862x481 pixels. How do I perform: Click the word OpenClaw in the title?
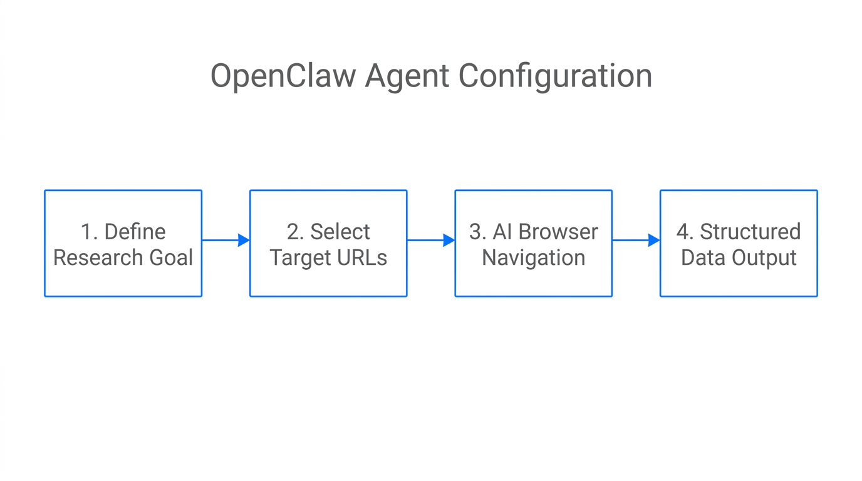[x=283, y=76]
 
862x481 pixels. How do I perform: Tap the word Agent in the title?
[x=407, y=76]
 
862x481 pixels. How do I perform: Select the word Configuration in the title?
[x=555, y=76]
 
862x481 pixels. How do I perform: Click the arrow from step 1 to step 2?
[x=226, y=240]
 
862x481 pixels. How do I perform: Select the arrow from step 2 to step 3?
[x=431, y=240]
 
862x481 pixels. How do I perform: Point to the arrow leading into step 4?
[x=636, y=240]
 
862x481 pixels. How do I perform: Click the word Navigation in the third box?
[x=533, y=257]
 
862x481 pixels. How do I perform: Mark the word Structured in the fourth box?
[x=750, y=232]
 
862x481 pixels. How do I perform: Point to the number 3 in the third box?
[x=475, y=232]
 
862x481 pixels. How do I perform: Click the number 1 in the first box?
[x=86, y=232]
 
